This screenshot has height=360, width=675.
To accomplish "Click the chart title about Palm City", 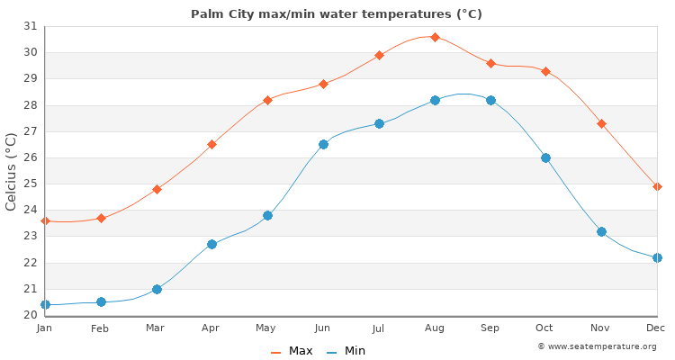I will coord(336,13).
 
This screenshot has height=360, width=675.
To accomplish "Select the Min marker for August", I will coord(435,100).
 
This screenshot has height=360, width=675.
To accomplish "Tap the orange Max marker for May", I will coord(267,100).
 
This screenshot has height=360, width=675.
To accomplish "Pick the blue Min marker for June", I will coord(323,144).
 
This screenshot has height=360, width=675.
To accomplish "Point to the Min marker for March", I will coord(157,289).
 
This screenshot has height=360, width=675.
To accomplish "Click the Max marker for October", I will coord(545,71).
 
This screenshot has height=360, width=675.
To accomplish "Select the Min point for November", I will coord(601,231).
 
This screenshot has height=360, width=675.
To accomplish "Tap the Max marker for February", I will coord(101,218).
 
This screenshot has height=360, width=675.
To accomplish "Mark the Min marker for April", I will coord(211,244).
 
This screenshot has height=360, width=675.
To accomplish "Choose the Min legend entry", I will coord(346,351).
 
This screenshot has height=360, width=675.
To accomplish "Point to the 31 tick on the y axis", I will coord(30,26).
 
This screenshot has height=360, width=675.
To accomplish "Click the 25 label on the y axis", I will coord(30,184).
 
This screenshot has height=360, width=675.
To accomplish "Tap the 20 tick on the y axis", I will coord(30,315).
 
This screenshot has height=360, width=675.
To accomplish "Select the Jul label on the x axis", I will coord(378,328).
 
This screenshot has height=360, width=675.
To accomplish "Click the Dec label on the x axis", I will coord(655,328).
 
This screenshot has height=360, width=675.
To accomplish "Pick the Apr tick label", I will coord(211,328).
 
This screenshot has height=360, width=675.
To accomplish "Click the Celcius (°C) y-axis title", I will coord(12,171).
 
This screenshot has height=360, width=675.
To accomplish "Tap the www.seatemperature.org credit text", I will coord(597,346).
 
